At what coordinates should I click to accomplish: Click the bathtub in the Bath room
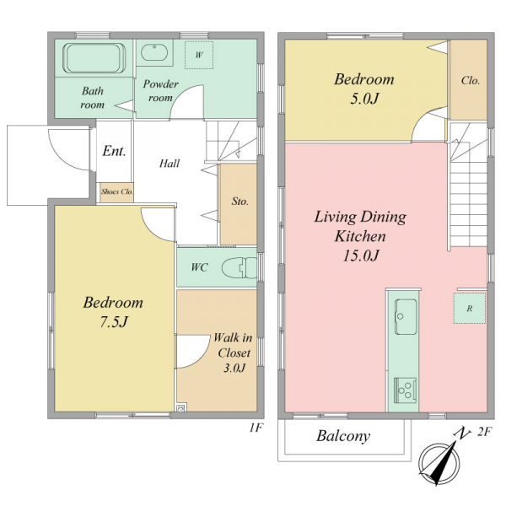[x=94, y=58]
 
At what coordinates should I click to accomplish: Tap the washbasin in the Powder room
[x=154, y=53]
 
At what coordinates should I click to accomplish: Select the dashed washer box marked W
[x=199, y=55]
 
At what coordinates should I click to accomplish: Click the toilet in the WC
[x=240, y=267]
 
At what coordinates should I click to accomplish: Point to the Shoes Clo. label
[x=117, y=191]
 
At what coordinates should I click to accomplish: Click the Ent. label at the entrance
[x=114, y=151]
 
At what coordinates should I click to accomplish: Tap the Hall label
[x=170, y=164]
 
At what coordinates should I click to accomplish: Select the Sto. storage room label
[x=240, y=202]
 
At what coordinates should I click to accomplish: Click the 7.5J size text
[x=114, y=322]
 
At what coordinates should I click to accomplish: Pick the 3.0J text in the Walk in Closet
[x=234, y=368]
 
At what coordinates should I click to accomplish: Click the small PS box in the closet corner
[x=180, y=408]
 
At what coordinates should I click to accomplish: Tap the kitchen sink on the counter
[x=405, y=317]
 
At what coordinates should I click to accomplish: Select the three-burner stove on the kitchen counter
[x=405, y=390]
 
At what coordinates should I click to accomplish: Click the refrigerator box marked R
[x=470, y=309]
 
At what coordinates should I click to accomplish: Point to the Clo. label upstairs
[x=471, y=80]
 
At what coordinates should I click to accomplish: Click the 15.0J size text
[x=360, y=256]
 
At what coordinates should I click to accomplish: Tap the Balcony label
[x=343, y=436]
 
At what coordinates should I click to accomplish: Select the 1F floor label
[x=256, y=428]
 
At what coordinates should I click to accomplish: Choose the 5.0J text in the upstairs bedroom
[x=364, y=99]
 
